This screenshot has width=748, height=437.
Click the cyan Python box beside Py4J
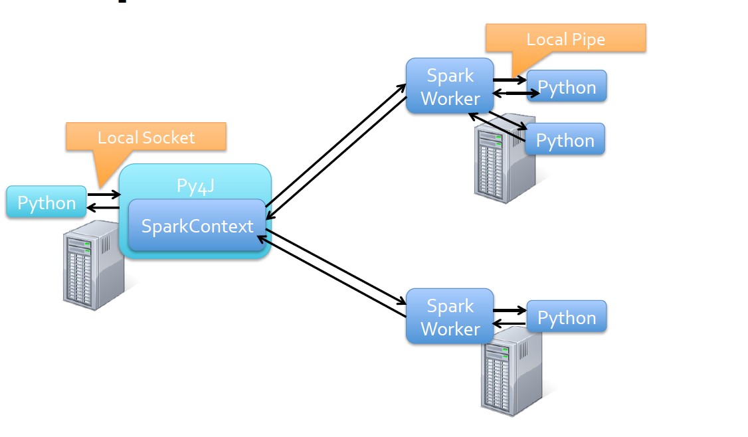tap(46, 202)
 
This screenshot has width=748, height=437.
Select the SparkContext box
tap(197, 226)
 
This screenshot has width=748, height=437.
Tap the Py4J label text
tap(195, 186)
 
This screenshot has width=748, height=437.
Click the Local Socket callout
tap(146, 137)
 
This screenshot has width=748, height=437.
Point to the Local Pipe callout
tap(565, 39)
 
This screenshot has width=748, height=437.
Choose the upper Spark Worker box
tap(450, 86)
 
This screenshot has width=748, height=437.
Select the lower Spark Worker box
tap(450, 317)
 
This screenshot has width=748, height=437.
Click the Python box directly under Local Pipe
tap(567, 87)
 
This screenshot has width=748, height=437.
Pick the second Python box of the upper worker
tap(565, 139)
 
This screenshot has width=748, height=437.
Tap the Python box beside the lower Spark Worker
tap(567, 317)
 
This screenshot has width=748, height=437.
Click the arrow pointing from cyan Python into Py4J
tap(104, 195)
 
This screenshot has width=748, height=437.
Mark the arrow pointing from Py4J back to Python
tap(104, 208)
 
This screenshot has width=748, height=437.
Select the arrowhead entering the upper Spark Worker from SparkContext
tap(402, 86)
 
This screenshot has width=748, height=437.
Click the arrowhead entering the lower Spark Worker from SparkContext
tap(402, 304)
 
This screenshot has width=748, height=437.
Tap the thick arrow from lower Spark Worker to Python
tap(510, 310)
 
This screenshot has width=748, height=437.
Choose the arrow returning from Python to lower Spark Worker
tap(510, 324)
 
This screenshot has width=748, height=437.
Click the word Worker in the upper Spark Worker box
tap(450, 98)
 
